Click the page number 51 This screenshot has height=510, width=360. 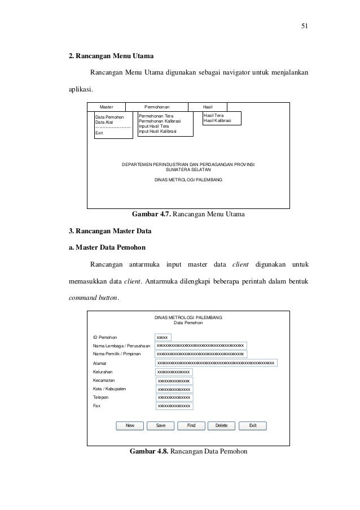point(305,25)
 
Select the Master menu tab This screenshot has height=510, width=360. point(106,106)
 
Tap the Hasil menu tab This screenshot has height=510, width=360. point(208,106)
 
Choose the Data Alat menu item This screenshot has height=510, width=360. point(104,121)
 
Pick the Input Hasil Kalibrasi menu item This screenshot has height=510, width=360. point(157,132)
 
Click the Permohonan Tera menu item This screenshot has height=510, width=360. point(156,115)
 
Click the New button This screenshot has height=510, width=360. point(130,425)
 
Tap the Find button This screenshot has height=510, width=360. point(191,425)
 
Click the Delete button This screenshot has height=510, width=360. point(221,425)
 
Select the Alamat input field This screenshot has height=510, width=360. point(216,363)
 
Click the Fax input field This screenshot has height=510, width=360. point(174,406)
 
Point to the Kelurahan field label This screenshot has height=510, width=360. point(103,372)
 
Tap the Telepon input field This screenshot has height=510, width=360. point(174,397)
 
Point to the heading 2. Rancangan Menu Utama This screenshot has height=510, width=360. point(107,56)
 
